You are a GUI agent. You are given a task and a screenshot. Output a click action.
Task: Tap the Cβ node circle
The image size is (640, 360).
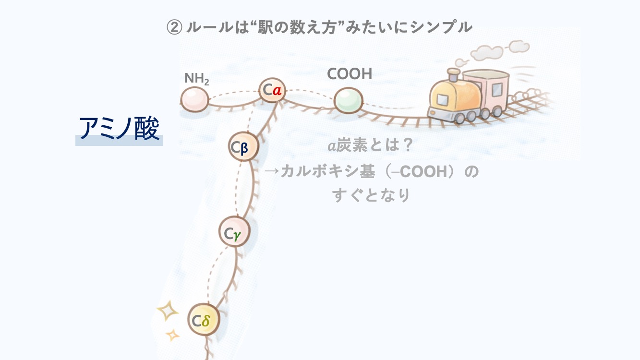pyautogui.click(x=244, y=147)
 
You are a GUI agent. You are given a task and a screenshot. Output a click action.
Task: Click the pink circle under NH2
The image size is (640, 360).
pyautogui.click(x=194, y=100)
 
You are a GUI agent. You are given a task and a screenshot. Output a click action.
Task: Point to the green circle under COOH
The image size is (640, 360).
pyautogui.click(x=348, y=100)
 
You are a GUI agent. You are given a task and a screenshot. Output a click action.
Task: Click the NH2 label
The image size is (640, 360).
pyautogui.click(x=196, y=78)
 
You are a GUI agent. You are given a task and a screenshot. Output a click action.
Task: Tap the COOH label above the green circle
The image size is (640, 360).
pyautogui.click(x=350, y=74)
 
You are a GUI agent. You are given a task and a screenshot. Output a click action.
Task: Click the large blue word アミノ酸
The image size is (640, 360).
pyautogui.click(x=119, y=128)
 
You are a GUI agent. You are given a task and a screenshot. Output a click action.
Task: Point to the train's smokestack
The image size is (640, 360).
pyautogui.click(x=453, y=76)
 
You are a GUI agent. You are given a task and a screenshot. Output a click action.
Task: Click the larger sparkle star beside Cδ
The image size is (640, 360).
pyautogui.click(x=168, y=311)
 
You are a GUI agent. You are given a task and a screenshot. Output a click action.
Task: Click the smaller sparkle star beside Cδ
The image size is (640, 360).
pyautogui.click(x=171, y=334)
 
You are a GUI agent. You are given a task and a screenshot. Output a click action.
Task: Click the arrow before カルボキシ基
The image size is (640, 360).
pyautogui.click(x=272, y=171)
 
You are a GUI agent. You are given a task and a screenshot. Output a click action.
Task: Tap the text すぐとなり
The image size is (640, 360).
pyautogui.click(x=371, y=195)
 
